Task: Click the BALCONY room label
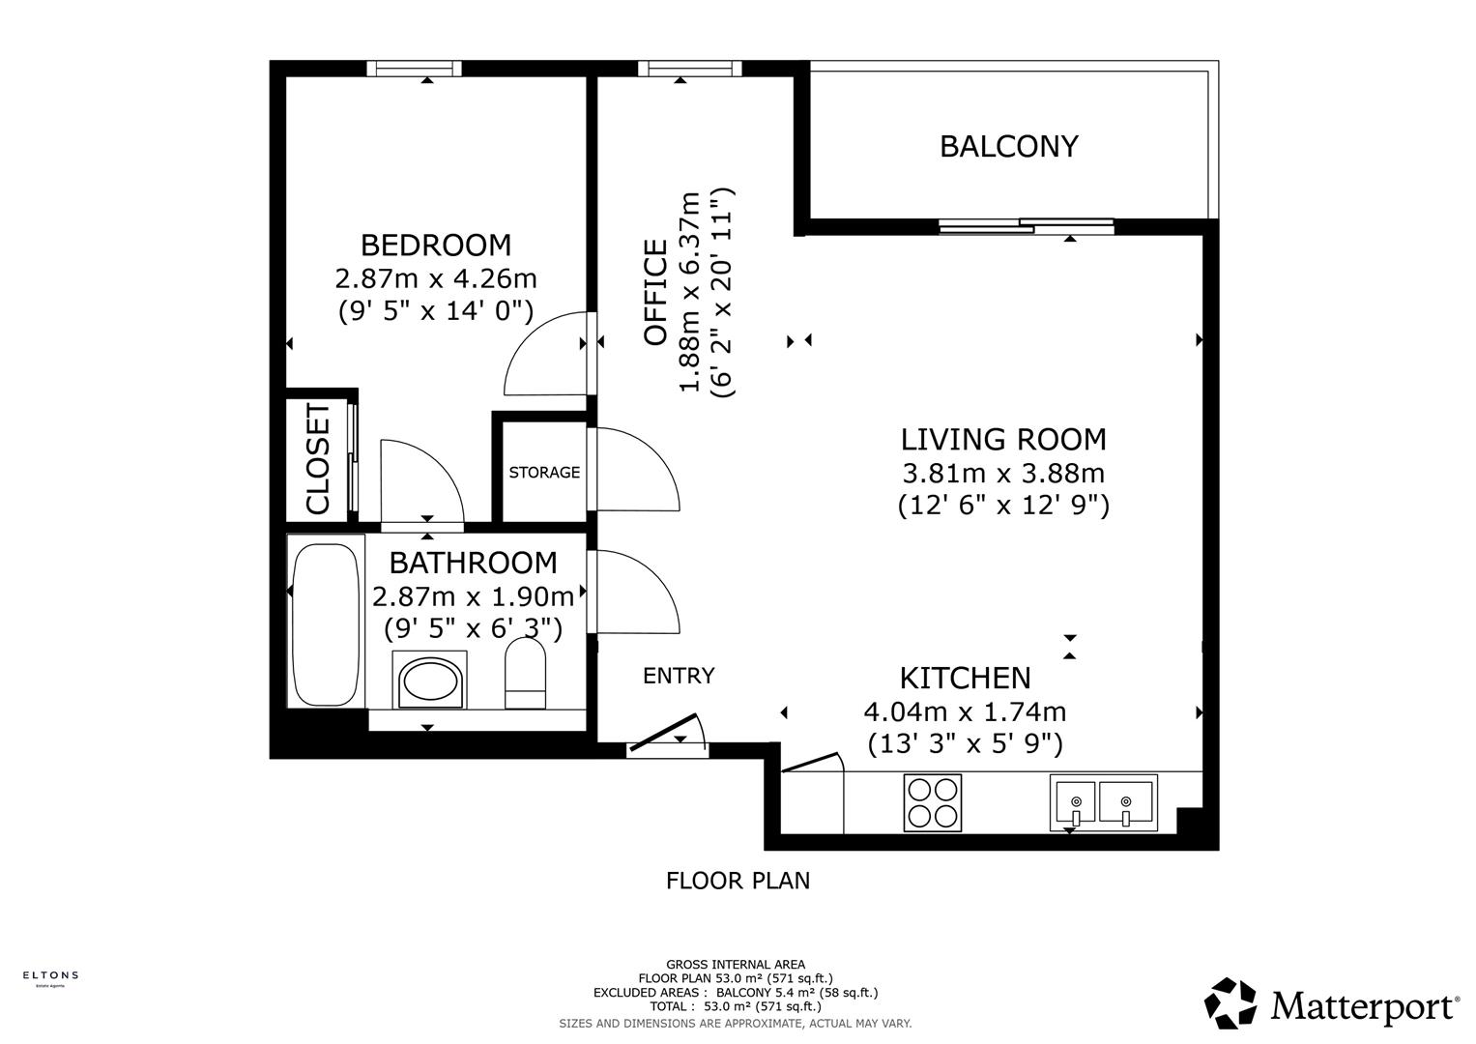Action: (x=1008, y=146)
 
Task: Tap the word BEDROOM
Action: (x=435, y=245)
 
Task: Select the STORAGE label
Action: (x=544, y=473)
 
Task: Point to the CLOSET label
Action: (x=318, y=459)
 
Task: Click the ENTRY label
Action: (x=679, y=676)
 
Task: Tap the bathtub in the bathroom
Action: (x=325, y=624)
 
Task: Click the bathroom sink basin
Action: (x=430, y=681)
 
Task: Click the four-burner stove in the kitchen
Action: (x=933, y=803)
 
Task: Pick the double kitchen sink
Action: (x=1102, y=803)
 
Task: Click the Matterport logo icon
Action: (x=1230, y=1003)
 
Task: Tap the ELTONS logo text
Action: (x=50, y=975)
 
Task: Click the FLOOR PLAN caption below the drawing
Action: (x=738, y=881)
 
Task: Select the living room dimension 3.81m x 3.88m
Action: (x=1002, y=474)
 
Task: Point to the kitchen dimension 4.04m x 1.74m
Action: (x=965, y=712)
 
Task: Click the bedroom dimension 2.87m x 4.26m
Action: (x=435, y=278)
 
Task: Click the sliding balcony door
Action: (x=1026, y=226)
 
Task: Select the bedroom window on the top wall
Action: (x=414, y=68)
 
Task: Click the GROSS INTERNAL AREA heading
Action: (x=736, y=964)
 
